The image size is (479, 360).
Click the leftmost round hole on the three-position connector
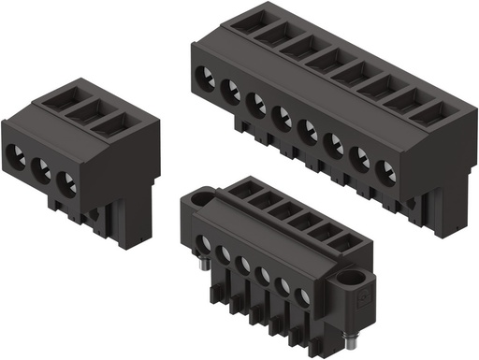pos(17,156)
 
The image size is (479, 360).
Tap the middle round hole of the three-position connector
pos(41,169)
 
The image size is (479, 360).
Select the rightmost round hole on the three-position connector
pos(66,182)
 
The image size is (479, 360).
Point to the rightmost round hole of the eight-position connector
pos(385,172)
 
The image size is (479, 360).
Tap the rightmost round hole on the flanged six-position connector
pos(301,298)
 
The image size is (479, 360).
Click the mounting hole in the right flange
pos(356,280)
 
